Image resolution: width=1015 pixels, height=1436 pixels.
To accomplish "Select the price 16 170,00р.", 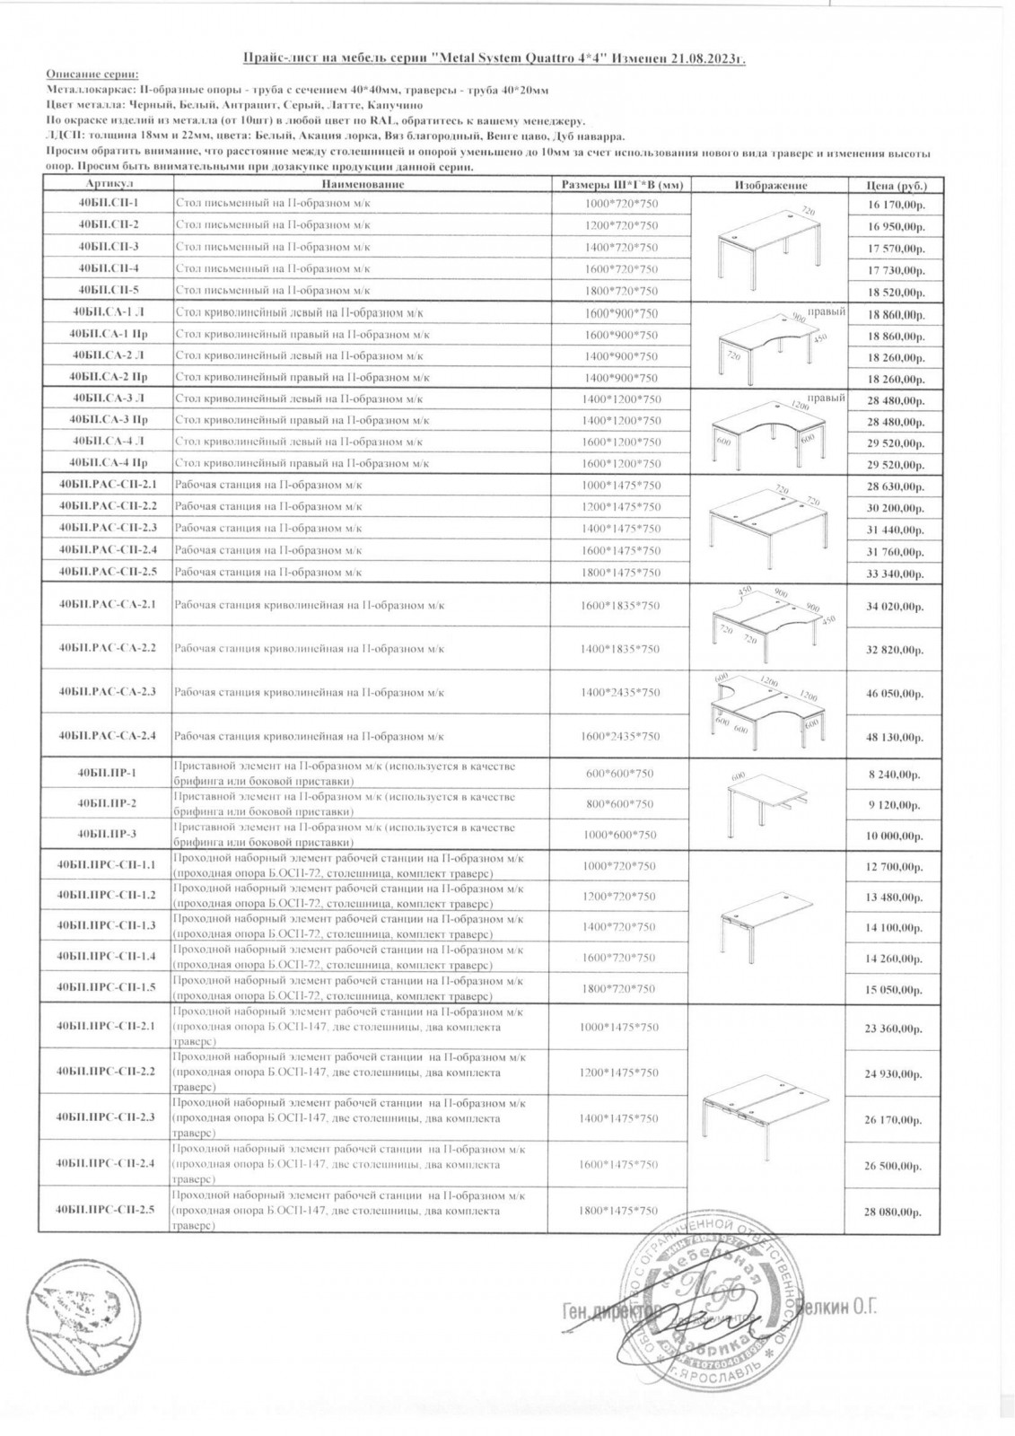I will [x=895, y=206].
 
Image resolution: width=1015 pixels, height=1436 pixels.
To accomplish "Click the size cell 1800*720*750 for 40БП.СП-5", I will [x=620, y=291].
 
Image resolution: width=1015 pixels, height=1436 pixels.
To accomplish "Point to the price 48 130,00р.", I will [x=895, y=737].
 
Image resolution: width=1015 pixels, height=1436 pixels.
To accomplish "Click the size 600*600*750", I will [x=620, y=773].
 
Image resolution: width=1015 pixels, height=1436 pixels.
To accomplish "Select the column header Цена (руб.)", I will [x=896, y=185].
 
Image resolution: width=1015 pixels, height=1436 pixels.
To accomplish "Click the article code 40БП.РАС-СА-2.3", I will [x=107, y=691].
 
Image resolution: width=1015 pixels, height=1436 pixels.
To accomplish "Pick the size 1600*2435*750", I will [x=620, y=736].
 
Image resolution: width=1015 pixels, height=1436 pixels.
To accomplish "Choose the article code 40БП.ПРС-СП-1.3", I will [x=106, y=924].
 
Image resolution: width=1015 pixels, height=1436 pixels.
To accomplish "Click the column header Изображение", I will [x=770, y=185].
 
